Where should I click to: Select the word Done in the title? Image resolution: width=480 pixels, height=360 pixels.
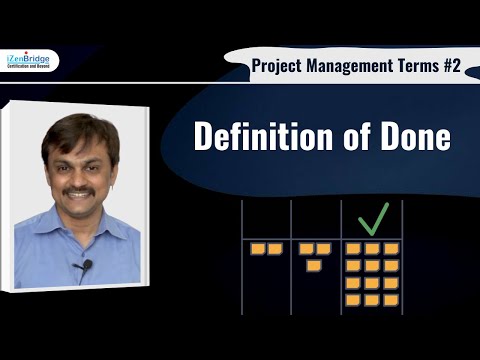point(411,137)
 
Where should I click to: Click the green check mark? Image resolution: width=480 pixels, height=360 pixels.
point(371,216)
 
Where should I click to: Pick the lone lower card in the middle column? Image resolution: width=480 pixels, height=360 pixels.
point(313,264)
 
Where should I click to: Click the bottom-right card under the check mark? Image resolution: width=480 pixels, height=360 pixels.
point(391,298)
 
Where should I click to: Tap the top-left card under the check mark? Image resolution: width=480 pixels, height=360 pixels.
point(352,248)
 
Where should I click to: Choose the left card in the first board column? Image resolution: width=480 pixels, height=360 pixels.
point(257,248)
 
